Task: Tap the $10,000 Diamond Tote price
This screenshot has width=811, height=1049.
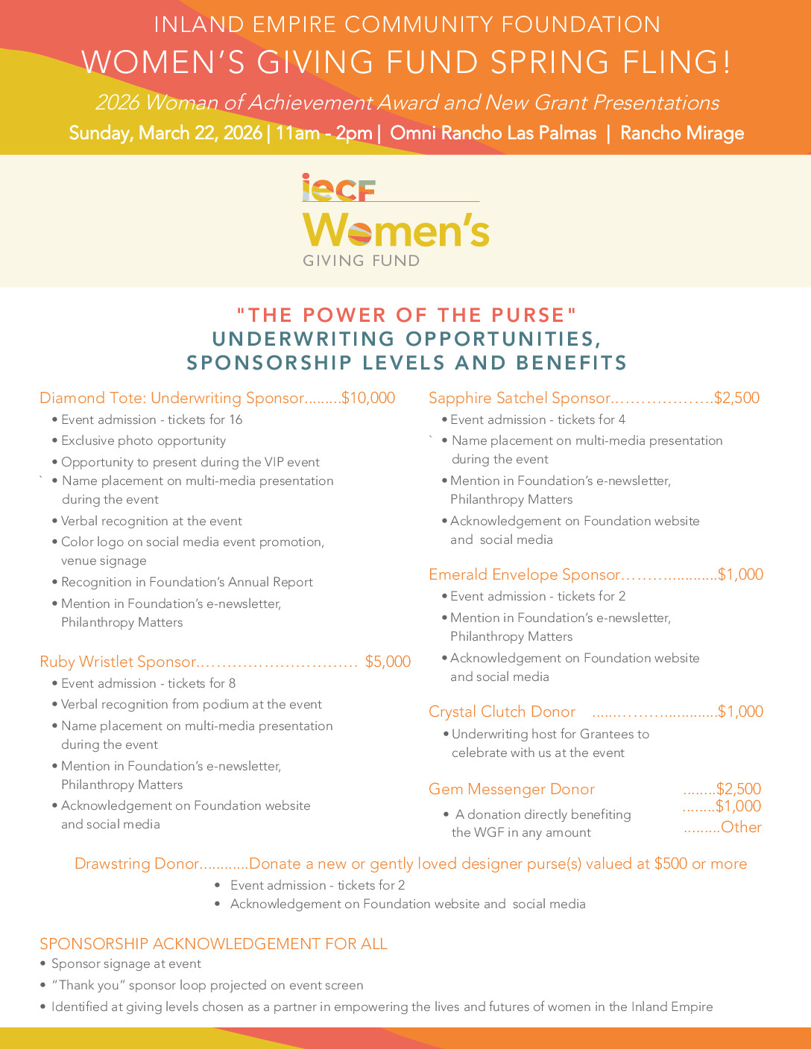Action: point(368,398)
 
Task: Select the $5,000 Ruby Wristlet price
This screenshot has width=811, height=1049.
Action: point(388,662)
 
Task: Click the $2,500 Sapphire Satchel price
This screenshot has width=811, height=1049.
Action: point(736,398)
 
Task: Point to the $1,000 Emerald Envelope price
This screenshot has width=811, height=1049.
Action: point(740,574)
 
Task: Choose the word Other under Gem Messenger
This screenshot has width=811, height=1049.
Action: point(741,827)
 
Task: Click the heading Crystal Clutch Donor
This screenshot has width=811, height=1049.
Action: point(502,712)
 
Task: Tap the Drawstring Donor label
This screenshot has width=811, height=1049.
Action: point(136,863)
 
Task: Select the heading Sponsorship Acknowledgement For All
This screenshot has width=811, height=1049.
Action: point(213,944)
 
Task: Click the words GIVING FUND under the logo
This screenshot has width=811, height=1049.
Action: point(361,261)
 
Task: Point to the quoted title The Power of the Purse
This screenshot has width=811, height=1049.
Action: point(407,315)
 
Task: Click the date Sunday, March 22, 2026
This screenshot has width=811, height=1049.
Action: point(165,133)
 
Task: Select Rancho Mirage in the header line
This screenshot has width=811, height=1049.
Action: point(682,133)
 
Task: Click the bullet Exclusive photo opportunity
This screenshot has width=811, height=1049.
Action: point(143,441)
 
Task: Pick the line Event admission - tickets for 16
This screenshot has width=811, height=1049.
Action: point(151,419)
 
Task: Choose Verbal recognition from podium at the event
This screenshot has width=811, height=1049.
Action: point(191,704)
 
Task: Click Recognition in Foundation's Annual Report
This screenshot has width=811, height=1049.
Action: point(186,582)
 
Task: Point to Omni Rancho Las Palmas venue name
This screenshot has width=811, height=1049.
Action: point(493,133)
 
